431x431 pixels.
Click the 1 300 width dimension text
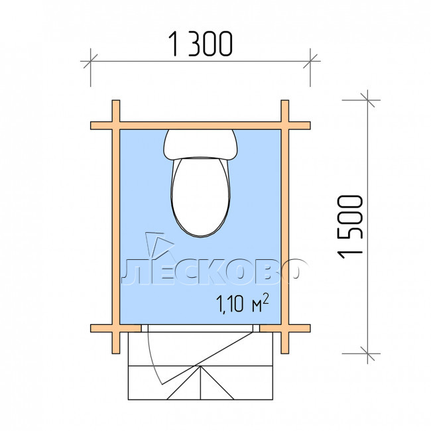[200, 44]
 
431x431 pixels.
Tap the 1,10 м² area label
[243, 303]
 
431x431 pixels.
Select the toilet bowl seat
[200, 196]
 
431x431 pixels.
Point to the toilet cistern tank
[200, 145]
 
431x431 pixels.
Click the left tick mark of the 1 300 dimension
[90, 61]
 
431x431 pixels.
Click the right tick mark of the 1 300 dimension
[310, 61]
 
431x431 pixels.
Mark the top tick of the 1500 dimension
[367, 100]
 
